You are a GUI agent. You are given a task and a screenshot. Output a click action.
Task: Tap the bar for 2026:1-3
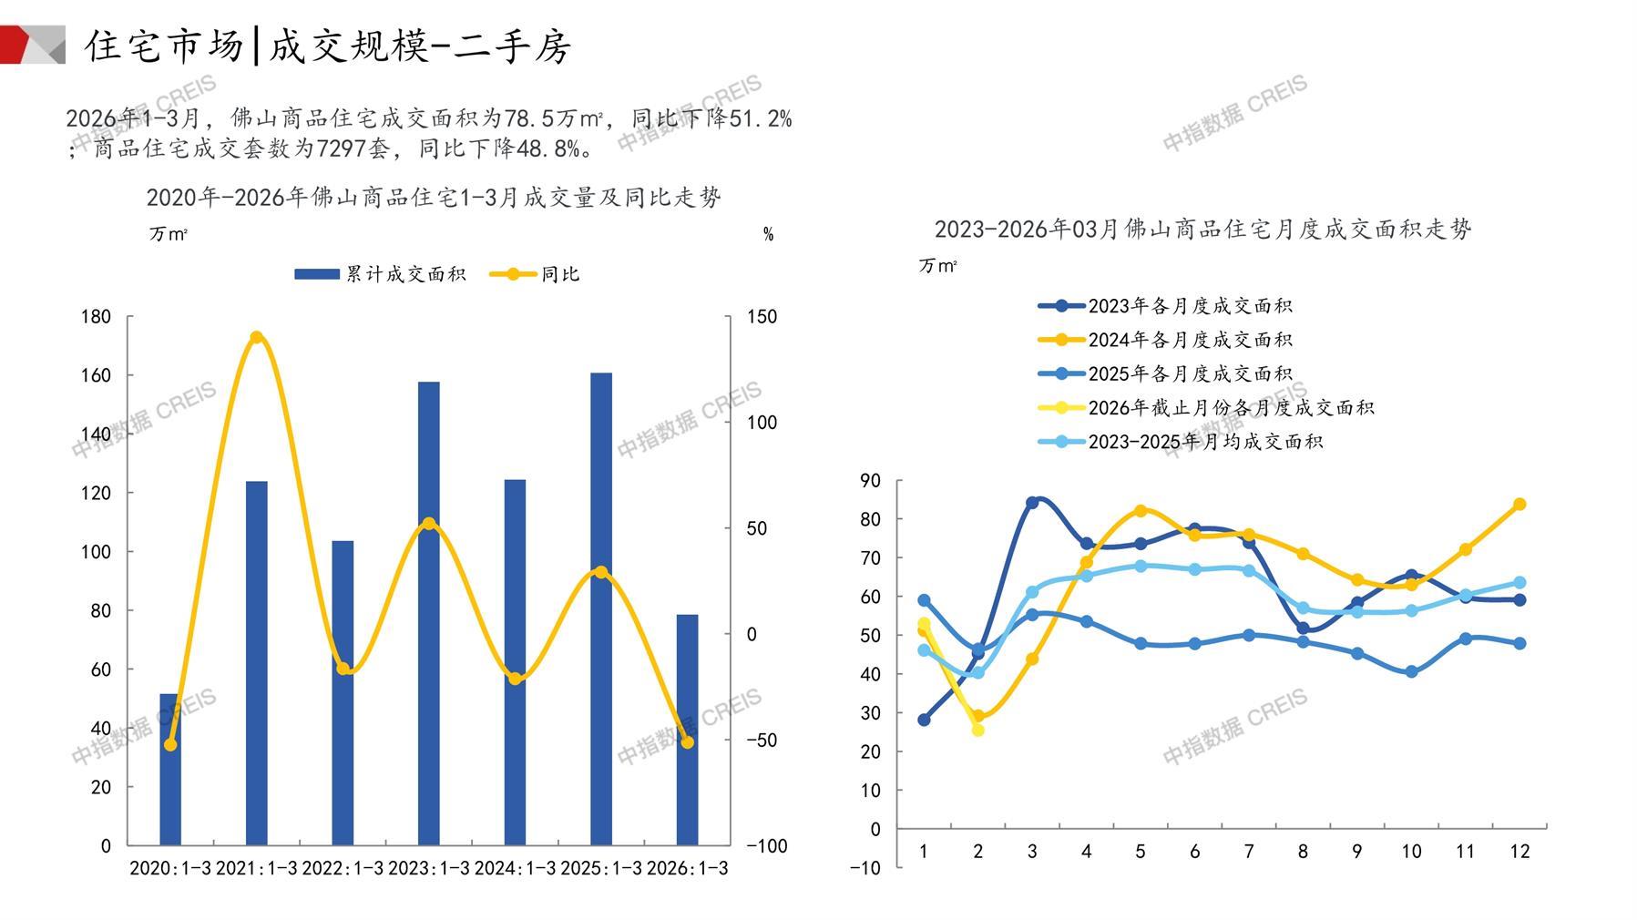tap(687, 730)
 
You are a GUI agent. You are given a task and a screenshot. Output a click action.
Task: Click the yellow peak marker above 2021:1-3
tap(256, 338)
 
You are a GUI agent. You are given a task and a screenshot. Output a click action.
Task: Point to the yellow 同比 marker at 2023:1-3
tap(429, 524)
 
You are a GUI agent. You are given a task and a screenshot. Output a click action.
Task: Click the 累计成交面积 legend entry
tap(381, 274)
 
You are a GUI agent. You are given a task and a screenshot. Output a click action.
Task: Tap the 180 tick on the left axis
tap(96, 317)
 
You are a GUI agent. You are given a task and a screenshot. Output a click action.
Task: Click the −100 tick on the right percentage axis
tap(766, 846)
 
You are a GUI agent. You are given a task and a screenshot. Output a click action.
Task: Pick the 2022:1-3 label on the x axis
tap(343, 868)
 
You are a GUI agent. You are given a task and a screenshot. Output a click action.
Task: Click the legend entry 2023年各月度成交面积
tap(1166, 306)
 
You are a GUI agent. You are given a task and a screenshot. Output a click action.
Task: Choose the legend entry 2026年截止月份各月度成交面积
tap(1206, 408)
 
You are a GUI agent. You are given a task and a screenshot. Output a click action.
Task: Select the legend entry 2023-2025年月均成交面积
tap(1181, 442)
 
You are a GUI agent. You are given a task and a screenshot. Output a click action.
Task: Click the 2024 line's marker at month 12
tap(1519, 505)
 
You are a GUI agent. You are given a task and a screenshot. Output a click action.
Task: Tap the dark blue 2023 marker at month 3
tap(1032, 503)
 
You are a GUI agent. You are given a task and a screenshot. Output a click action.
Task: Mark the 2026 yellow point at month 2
tap(978, 730)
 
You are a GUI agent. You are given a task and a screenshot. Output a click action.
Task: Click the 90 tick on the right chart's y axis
tap(870, 480)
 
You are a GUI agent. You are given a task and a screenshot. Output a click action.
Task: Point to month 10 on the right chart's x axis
tap(1411, 852)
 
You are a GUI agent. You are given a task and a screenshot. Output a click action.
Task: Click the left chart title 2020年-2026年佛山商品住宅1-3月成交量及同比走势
tap(434, 197)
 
